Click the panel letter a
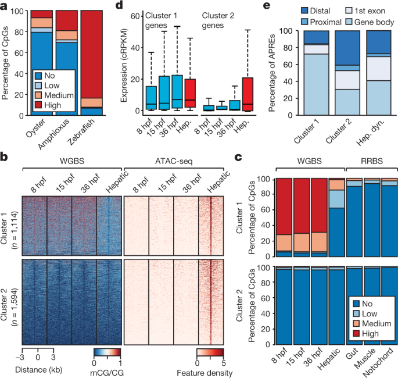tap(5, 6)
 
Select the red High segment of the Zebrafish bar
tap(92, 52)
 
